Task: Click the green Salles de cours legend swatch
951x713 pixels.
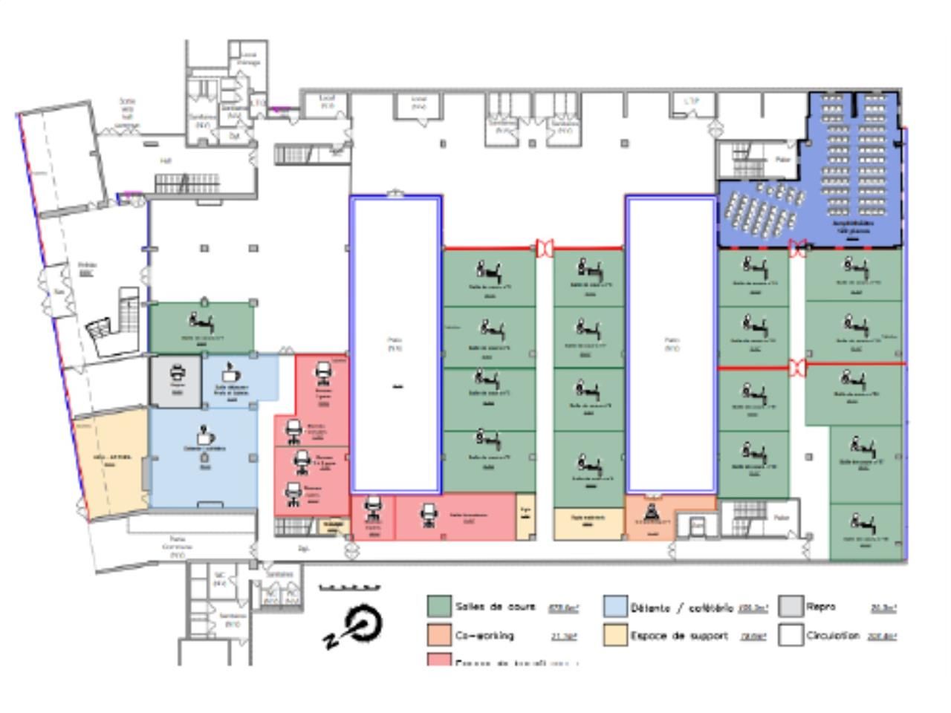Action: pos(439,606)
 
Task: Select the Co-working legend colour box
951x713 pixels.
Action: pos(439,635)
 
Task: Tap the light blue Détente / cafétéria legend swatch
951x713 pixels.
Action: pos(616,606)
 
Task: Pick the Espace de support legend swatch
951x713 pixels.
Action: pos(616,635)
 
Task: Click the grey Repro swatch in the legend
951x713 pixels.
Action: pos(791,606)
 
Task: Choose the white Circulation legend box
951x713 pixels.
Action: pos(791,635)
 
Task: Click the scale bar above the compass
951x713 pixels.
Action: pos(349,587)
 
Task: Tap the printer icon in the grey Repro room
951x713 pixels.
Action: pos(177,374)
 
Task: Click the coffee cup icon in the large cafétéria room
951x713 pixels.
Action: pos(205,436)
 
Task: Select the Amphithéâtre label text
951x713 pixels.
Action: pos(852,224)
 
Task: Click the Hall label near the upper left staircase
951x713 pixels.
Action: pos(166,160)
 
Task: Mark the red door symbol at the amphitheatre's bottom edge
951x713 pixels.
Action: pos(797,248)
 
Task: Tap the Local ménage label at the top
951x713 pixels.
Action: pos(248,59)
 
